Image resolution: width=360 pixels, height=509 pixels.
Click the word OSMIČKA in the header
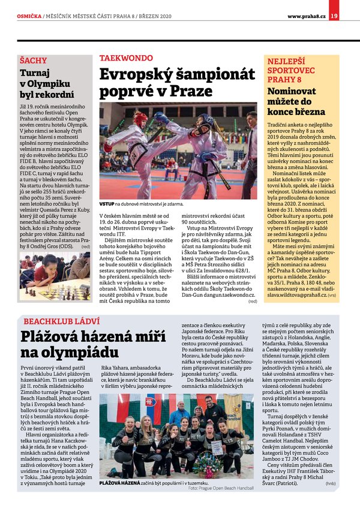pos(29,16)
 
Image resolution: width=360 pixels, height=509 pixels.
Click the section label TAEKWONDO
pos(126,58)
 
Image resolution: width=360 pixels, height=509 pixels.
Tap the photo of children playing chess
pos(55,278)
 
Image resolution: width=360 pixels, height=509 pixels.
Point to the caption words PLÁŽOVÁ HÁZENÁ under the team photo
pos(120,482)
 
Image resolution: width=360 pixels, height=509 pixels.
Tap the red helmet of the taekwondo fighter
pos(140,119)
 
